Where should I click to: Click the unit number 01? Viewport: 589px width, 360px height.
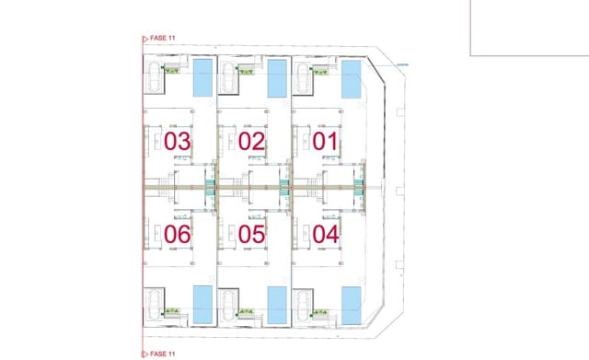tap(326, 142)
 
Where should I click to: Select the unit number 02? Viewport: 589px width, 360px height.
tap(251, 142)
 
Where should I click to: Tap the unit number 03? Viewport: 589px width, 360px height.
tap(177, 142)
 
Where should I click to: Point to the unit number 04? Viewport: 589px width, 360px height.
tap(326, 234)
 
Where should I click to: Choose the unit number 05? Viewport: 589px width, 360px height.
tap(251, 234)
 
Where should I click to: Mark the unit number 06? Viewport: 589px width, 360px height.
tap(177, 234)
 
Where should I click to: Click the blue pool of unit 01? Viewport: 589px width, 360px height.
tap(352, 79)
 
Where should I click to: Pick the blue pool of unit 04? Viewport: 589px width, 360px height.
tap(352, 302)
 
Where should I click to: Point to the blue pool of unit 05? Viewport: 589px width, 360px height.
tap(277, 302)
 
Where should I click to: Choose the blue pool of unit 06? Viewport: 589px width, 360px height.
tap(202, 302)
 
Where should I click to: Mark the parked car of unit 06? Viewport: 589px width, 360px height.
tap(154, 303)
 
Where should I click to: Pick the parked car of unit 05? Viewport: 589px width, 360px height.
tap(228, 303)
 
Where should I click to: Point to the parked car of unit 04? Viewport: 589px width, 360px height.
tap(303, 303)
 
